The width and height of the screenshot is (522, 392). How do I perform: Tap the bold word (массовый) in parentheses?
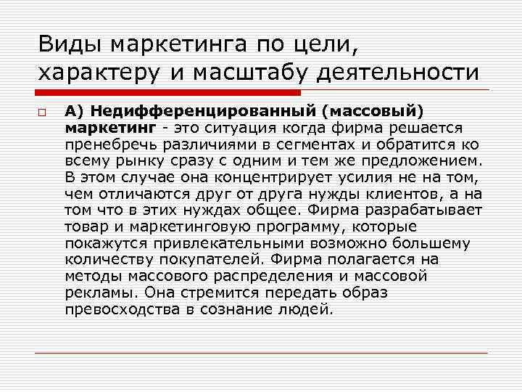(x=373, y=112)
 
